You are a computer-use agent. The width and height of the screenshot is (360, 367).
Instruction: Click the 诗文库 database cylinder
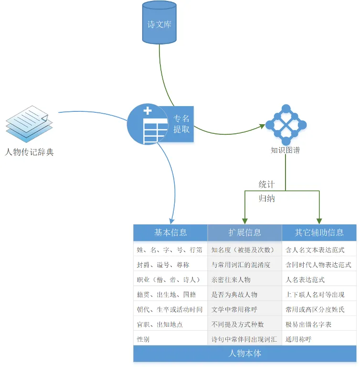pos(159,22)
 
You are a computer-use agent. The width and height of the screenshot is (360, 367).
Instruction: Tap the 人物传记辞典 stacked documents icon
pos(29,124)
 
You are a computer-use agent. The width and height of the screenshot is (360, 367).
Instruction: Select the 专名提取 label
pos(181,124)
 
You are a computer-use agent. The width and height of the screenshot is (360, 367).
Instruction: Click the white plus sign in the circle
pos(148,110)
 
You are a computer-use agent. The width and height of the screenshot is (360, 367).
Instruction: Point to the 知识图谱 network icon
pos(286,125)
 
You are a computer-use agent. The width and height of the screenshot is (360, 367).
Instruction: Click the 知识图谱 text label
pos(285,150)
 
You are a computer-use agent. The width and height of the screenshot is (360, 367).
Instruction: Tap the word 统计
pos(267,184)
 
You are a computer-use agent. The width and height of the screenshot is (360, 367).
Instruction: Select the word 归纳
pos(267,198)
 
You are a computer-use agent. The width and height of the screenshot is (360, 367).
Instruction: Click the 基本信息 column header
pos(170,232)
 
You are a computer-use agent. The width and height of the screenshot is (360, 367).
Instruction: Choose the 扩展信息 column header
pos(244,232)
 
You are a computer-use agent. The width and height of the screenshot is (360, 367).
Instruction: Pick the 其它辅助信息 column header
pos(319,232)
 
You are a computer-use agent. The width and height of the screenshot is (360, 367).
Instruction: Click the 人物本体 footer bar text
pos(244,353)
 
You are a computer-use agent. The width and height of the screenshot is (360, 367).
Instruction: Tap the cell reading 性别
pos(143,339)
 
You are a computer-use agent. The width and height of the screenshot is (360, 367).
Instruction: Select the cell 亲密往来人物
pos(231,280)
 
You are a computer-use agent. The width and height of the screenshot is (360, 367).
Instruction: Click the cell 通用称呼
pos(298,339)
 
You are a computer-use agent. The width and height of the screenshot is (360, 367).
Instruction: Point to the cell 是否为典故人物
pos(234,294)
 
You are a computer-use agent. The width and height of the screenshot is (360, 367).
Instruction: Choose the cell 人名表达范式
pos(305,280)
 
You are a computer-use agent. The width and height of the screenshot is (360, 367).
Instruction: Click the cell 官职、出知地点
pos(160,324)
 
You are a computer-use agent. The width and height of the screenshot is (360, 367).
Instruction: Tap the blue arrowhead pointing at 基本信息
pos(172,221)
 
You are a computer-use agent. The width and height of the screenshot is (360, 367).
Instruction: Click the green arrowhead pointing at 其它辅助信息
pos(319,221)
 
